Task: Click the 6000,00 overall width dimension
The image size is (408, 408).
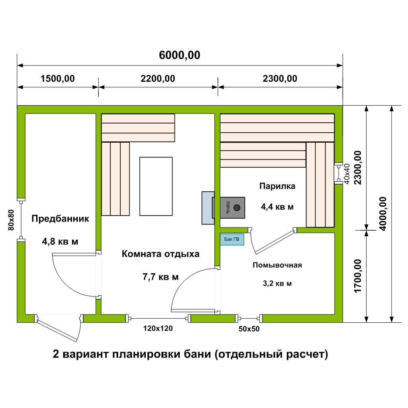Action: tap(180, 55)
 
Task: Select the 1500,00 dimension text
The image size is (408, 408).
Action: tap(57, 78)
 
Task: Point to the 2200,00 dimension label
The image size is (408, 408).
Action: tap(158, 78)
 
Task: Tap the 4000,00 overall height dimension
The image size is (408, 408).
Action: tap(383, 214)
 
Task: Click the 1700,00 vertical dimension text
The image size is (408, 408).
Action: tap(358, 276)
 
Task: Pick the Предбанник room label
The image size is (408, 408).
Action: tap(60, 219)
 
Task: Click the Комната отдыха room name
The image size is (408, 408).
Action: tap(161, 254)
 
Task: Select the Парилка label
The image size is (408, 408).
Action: tap(277, 186)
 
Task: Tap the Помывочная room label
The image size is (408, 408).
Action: tap(277, 265)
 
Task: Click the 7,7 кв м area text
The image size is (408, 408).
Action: tap(161, 277)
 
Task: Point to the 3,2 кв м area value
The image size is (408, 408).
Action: tap(277, 283)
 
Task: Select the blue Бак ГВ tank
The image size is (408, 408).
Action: tap(232, 239)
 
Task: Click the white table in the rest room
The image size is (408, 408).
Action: tap(156, 186)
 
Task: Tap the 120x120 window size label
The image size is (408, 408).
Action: tap(158, 328)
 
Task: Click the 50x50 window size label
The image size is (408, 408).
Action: tap(249, 329)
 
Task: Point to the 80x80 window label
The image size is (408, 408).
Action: tap(11, 220)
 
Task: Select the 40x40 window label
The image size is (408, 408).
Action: tap(347, 174)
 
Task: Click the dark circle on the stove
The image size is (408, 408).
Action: tap(237, 208)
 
